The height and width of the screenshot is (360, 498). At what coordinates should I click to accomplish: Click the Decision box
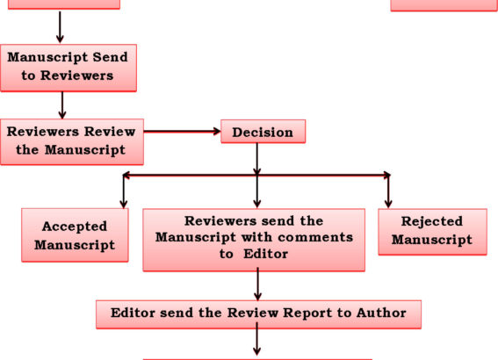[x=263, y=132]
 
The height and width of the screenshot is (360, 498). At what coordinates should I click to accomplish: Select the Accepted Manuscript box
[x=75, y=235]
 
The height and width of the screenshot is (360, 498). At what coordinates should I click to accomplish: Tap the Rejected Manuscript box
[x=433, y=232]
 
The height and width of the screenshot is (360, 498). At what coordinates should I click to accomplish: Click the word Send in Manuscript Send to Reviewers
[x=110, y=57]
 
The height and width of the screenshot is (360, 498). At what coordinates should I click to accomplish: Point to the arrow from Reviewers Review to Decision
[x=182, y=131]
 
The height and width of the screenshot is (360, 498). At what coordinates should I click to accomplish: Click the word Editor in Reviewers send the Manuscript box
[x=265, y=254]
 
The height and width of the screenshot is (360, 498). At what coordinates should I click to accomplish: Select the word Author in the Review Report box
[x=381, y=313]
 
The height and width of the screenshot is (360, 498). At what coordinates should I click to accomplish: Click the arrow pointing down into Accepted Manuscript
[x=124, y=191]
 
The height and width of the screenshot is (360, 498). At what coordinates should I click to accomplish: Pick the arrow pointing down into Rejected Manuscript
[x=388, y=191]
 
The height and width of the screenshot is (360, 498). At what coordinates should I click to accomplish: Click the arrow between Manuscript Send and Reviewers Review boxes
[x=62, y=105]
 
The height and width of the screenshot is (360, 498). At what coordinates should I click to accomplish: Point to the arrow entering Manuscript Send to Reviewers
[x=60, y=27]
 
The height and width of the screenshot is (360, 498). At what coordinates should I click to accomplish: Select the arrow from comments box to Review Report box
[x=258, y=284]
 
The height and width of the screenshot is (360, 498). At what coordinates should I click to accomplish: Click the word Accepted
[x=75, y=227]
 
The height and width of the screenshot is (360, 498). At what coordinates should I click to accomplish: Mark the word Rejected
[x=432, y=221]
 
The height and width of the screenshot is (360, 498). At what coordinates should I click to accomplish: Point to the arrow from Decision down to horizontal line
[x=257, y=159]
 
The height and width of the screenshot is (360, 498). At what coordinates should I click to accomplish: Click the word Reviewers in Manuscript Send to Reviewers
[x=77, y=76]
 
